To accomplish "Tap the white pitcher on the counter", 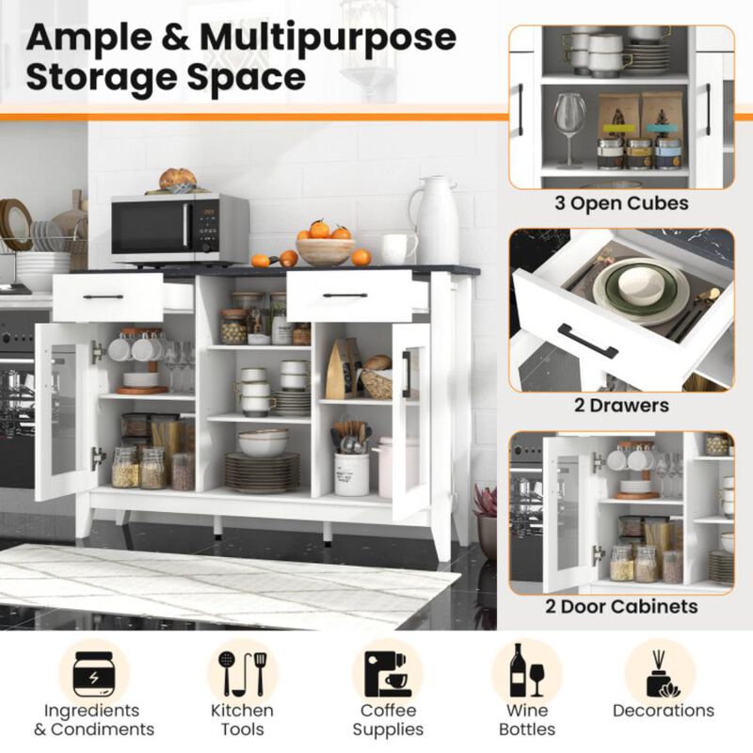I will [437, 220].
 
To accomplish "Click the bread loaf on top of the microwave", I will [178, 179].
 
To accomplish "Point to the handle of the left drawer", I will [103, 296].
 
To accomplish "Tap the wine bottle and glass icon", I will [527, 671].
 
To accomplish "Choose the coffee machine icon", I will [388, 671].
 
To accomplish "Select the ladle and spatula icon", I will [242, 671].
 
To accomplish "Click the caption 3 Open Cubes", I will [622, 203].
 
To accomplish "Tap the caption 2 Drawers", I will [621, 407].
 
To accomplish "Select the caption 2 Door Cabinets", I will [621, 606].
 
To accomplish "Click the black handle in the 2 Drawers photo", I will [587, 341].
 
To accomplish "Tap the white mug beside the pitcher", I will [399, 248].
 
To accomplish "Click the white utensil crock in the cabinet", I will [351, 473].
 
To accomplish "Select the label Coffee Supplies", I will [388, 720].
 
